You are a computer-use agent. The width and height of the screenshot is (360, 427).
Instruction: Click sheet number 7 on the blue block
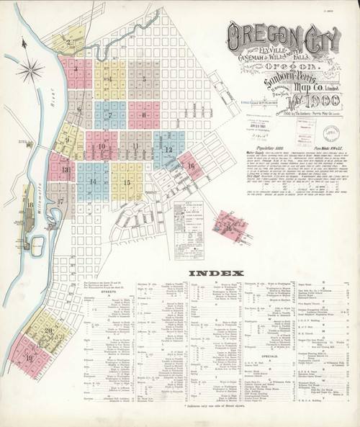[x=109, y=115]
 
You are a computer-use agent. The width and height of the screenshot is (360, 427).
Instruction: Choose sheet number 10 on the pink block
[x=103, y=146]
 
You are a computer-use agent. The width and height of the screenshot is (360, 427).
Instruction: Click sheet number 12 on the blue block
[x=168, y=150]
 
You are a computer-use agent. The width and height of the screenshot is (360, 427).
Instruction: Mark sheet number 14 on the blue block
[x=92, y=181]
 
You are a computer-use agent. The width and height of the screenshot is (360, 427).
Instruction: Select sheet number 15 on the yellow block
[x=126, y=183]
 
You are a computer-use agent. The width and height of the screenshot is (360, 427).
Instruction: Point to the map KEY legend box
[x=189, y=215]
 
